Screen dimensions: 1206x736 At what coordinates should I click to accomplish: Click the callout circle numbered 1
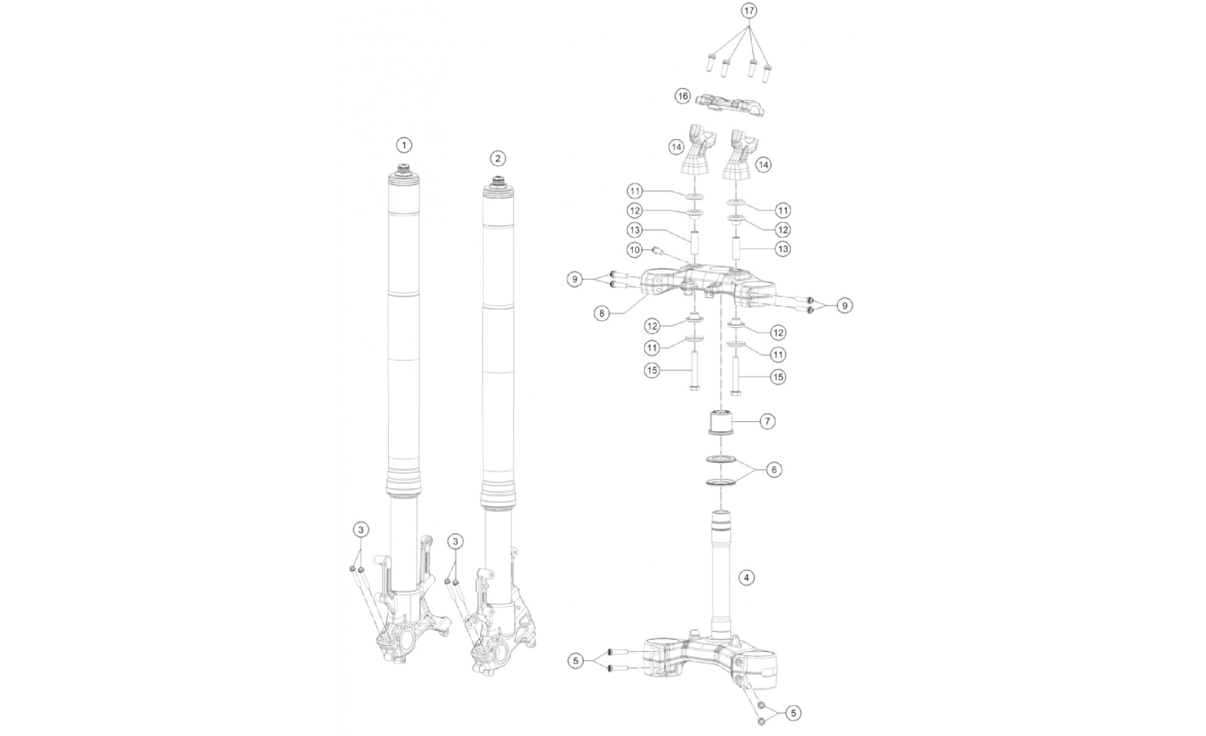tap(404, 145)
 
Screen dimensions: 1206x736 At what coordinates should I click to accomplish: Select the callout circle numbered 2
tap(497, 159)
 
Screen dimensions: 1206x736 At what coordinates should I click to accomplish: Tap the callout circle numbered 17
tap(749, 11)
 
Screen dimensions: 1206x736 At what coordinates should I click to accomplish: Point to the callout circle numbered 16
tap(683, 96)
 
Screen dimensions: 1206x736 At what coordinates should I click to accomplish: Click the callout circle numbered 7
tap(767, 421)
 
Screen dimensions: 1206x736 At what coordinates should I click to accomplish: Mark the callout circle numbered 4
tap(747, 577)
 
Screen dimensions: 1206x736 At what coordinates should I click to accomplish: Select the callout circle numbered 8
tap(602, 314)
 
